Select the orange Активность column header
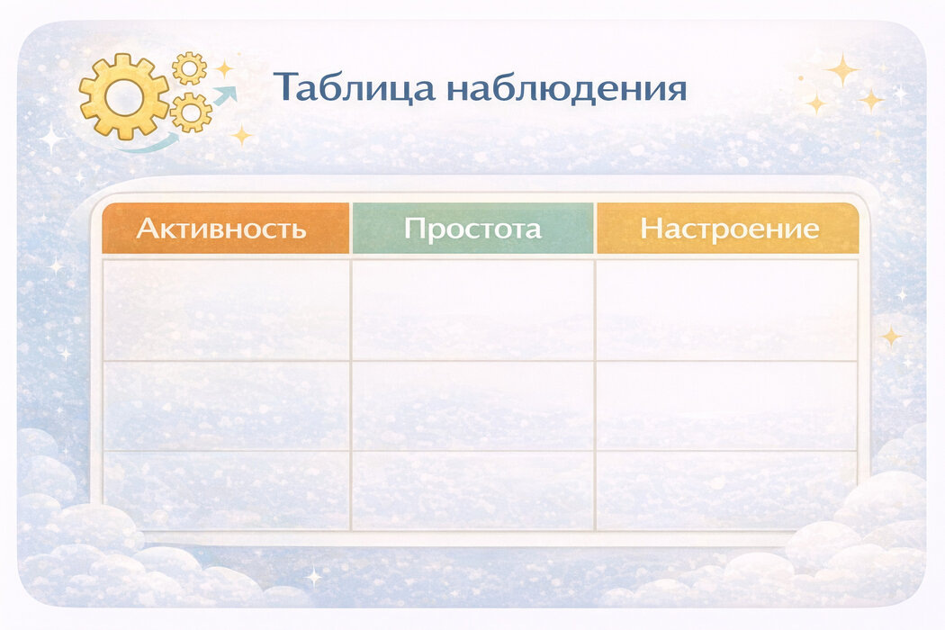(x=225, y=229)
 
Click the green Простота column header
(x=472, y=229)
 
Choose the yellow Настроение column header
(x=728, y=229)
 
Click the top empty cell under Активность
(x=226, y=310)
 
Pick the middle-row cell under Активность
(x=226, y=406)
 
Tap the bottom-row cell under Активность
(x=226, y=490)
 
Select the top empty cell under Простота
(x=472, y=310)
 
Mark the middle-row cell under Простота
(x=472, y=406)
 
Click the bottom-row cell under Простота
(x=472, y=490)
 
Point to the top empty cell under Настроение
(x=726, y=310)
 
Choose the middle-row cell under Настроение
(x=726, y=406)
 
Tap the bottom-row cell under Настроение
(x=726, y=490)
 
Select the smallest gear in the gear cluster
(x=189, y=68)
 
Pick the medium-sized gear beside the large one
(x=191, y=112)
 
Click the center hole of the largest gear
(x=124, y=95)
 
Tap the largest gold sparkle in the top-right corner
(x=842, y=69)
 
